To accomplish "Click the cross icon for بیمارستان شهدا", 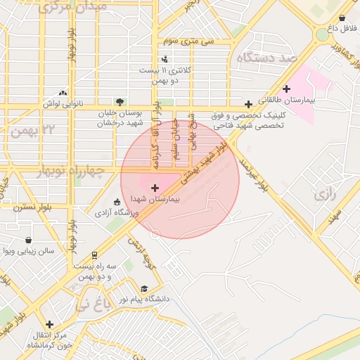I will click(x=155, y=188).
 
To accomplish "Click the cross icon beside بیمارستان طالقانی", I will click(x=286, y=89).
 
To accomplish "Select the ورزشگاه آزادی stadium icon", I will click(x=116, y=202).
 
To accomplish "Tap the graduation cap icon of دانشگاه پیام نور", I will click(x=144, y=289).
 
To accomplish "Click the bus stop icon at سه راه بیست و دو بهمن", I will click(x=95, y=255).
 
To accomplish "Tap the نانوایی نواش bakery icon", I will click(x=64, y=92).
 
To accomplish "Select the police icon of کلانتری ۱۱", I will click(x=165, y=59).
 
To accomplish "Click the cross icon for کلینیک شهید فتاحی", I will click(x=248, y=104).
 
